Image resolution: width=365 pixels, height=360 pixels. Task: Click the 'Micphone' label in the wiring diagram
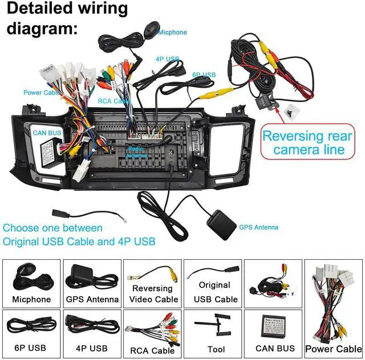(172, 32)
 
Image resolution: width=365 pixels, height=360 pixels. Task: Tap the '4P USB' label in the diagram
(167, 59)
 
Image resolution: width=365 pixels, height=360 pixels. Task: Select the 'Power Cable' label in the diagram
(41, 92)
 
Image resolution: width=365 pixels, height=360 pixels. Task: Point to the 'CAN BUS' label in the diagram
(47, 133)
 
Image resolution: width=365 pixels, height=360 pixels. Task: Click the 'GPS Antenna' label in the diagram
(259, 227)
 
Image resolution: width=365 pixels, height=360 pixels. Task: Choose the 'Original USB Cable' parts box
(213, 283)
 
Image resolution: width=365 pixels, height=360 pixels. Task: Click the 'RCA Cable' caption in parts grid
(152, 350)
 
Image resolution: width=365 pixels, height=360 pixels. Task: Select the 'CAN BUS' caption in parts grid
(275, 348)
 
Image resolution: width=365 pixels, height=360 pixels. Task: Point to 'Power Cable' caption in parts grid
(334, 349)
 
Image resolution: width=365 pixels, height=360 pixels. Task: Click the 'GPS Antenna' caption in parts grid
(92, 299)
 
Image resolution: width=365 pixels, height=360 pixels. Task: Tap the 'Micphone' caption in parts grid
(31, 299)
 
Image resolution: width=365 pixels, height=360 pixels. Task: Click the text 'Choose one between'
(52, 228)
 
